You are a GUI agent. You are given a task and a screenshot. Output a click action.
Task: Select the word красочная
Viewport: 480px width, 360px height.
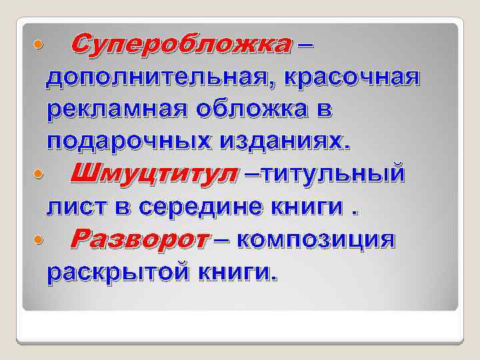pyautogui.click(x=353, y=78)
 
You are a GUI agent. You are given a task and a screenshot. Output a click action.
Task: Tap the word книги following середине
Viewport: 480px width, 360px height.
pyautogui.click(x=311, y=207)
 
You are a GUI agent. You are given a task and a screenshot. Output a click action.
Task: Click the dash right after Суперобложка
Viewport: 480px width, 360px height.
pyautogui.click(x=304, y=45)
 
